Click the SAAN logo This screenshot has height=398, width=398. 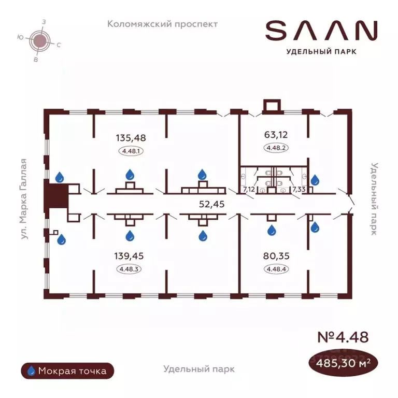[321, 31]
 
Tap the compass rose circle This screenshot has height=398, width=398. [40, 40]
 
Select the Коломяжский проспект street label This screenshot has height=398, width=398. [162, 24]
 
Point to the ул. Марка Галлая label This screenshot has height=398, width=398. [24, 199]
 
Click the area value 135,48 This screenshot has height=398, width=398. [131, 138]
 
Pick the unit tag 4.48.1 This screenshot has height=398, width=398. [131, 151]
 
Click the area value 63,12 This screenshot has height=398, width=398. [276, 135]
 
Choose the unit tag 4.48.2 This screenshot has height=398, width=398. [276, 148]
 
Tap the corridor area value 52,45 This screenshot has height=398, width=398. [211, 204]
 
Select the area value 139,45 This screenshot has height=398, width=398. [129, 256]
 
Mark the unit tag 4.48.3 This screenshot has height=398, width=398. [129, 269]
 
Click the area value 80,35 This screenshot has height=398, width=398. [276, 256]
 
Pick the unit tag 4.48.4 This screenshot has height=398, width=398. [276, 269]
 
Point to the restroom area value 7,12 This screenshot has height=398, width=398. [249, 189]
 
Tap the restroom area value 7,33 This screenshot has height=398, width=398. [298, 189]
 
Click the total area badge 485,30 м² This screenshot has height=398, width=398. [343, 363]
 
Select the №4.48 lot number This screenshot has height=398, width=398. [343, 337]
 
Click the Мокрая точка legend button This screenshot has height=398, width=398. [67, 371]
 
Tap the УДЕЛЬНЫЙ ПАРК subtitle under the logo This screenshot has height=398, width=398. [321, 52]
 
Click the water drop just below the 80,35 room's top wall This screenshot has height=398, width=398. [272, 230]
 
